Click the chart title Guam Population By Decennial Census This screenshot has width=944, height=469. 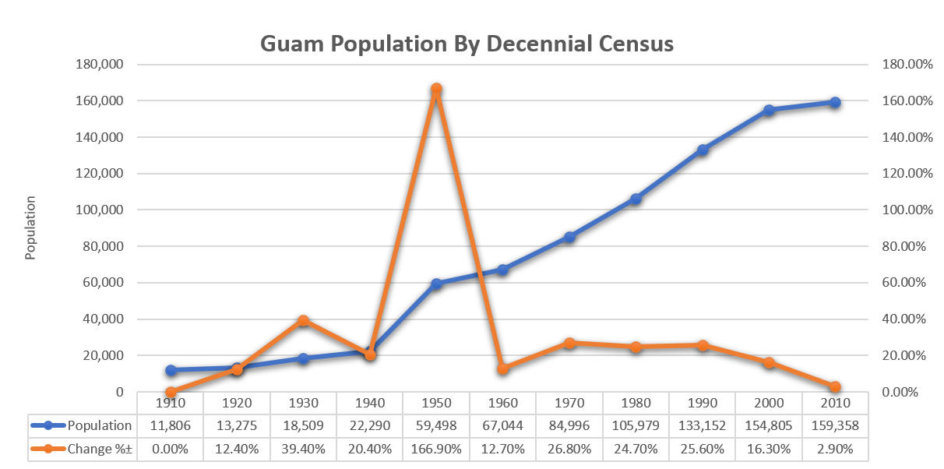pos(467,44)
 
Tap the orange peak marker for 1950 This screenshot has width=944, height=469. pos(436,89)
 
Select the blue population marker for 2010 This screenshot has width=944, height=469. pos(835,102)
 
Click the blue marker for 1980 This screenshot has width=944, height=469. pos(636,199)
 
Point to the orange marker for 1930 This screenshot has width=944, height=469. pos(304,320)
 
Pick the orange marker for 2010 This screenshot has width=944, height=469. pos(835,386)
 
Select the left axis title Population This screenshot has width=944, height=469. pos(31,227)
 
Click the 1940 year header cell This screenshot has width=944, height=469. pos(370,404)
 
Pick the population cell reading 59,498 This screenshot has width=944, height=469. pos(436,425)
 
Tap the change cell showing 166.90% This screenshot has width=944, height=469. pos(436,449)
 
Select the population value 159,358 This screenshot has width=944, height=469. pos(835,425)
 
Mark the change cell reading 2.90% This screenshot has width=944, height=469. pos(835,449)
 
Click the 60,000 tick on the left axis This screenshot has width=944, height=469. pos(102,283)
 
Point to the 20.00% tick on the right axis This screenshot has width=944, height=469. pos(906,355)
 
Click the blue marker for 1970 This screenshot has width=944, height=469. pos(569,237)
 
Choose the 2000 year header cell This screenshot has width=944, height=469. pos(769,404)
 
